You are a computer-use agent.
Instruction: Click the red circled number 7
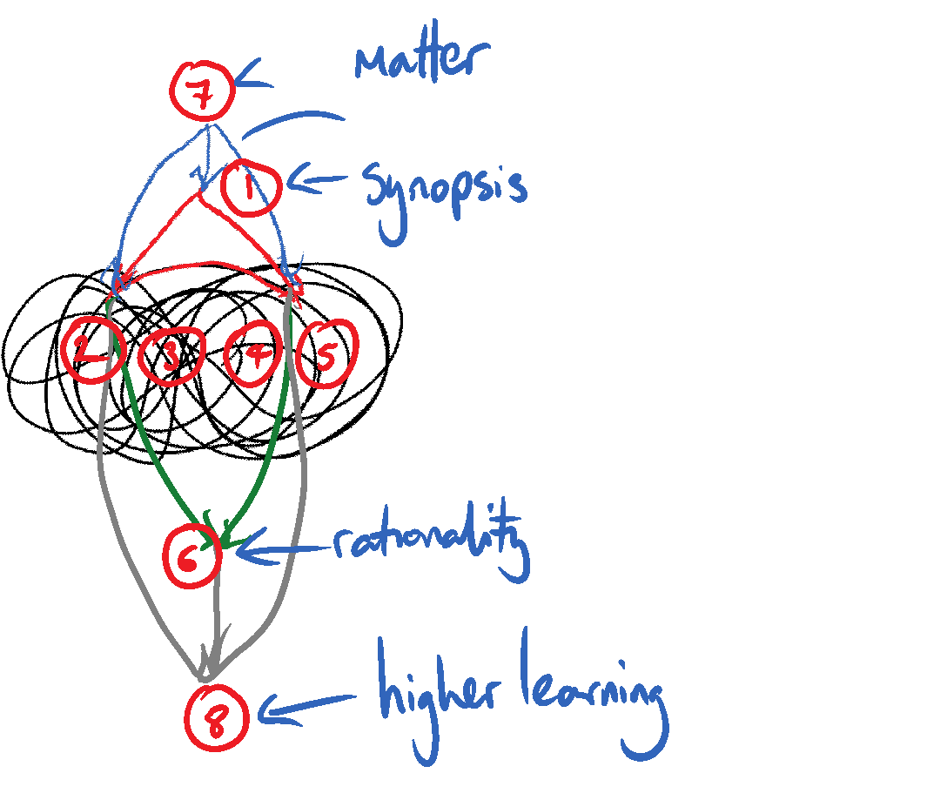click(202, 91)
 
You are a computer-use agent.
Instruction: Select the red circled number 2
click(90, 352)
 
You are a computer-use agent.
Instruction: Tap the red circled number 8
click(217, 719)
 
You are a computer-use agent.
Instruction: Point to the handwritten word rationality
click(430, 545)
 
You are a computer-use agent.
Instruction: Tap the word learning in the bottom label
click(592, 696)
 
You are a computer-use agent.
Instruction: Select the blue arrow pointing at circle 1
click(319, 182)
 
